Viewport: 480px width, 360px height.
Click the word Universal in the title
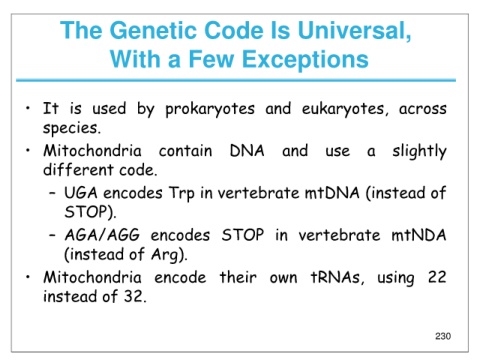[354, 30]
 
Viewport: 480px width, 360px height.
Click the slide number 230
[443, 336]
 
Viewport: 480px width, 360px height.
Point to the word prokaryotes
[210, 109]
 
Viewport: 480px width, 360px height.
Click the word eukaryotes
[345, 109]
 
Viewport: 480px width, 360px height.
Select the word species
[71, 128]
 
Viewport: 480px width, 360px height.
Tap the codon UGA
[81, 193]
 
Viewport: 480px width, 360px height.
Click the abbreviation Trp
[182, 194]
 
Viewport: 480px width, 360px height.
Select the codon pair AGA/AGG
[102, 235]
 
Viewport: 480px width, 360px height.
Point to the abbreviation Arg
[167, 255]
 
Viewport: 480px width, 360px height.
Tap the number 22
[437, 277]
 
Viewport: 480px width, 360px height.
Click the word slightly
[419, 152]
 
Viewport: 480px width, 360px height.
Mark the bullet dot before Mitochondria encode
[28, 277]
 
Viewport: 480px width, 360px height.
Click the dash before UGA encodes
[52, 193]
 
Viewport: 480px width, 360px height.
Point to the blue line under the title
[236, 80]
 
